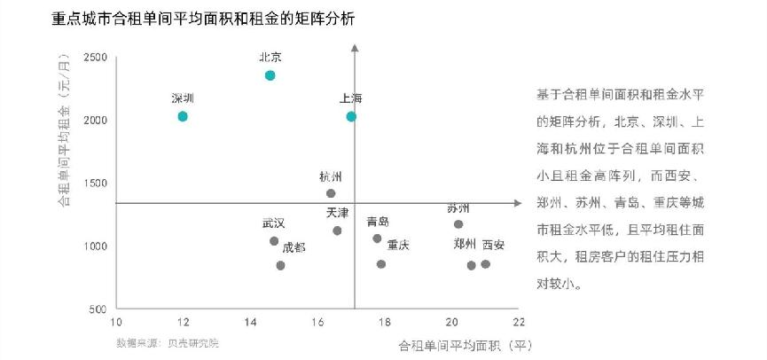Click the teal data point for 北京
pos(270,75)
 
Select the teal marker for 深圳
pos(183,116)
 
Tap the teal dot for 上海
pos(351,116)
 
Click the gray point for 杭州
pos(331,193)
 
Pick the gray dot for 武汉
pos(274,241)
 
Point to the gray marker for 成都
pos(280,265)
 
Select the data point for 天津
pos(337,231)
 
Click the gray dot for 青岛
pos(377,239)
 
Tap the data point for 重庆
pos(381,264)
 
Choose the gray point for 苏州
pos(458,223)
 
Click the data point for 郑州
pos(471,265)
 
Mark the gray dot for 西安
pos(485,264)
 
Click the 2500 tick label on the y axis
pos(96,58)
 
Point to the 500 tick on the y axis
pos(99,309)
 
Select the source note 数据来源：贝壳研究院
pos(167,342)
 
